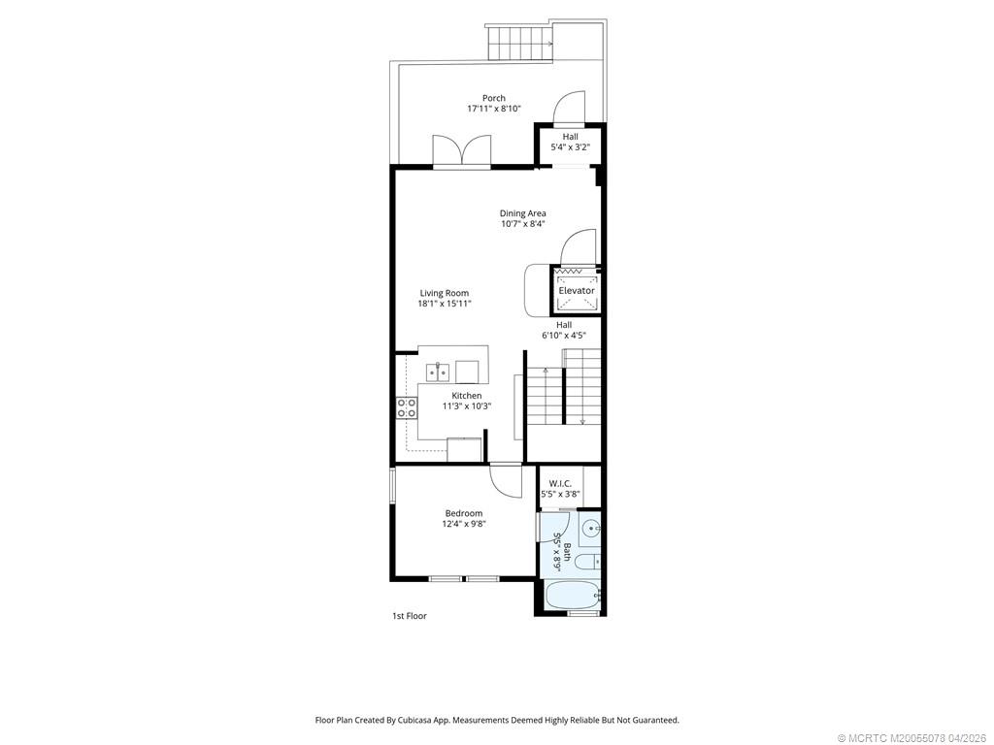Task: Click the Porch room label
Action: (x=494, y=98)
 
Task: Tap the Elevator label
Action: (x=577, y=290)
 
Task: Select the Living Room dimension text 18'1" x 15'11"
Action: (x=445, y=304)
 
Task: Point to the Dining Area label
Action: (x=523, y=213)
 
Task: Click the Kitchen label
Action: (x=466, y=396)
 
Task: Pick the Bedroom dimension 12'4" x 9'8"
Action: (x=464, y=524)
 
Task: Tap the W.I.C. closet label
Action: (x=560, y=483)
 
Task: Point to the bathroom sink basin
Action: (x=592, y=529)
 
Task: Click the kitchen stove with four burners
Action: (x=406, y=407)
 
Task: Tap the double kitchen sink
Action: (x=438, y=372)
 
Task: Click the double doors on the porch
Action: (x=462, y=150)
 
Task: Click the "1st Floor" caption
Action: (x=409, y=616)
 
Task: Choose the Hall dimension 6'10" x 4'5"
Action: (x=564, y=336)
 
